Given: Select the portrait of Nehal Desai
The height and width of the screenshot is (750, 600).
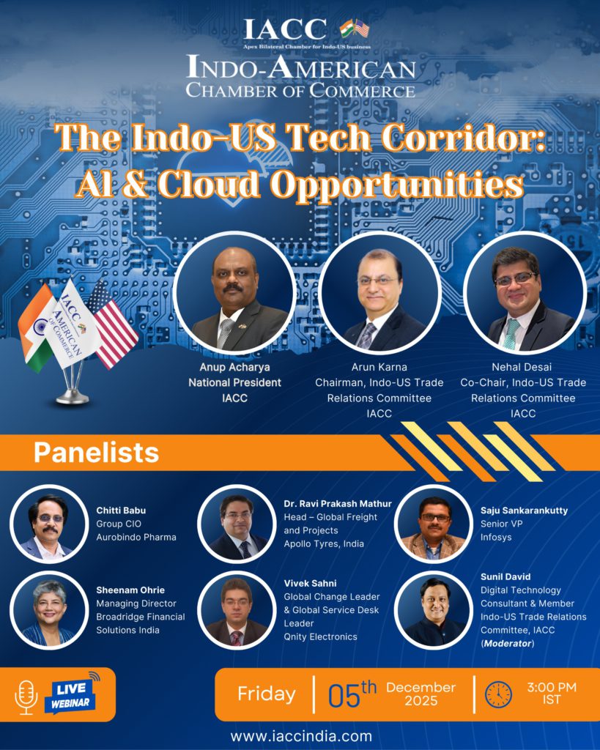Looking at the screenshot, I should (x=525, y=292).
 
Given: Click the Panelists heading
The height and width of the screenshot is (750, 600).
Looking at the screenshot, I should (x=96, y=453).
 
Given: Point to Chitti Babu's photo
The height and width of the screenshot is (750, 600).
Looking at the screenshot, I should (x=48, y=523).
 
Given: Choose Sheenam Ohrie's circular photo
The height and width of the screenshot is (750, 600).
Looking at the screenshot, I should (x=48, y=609).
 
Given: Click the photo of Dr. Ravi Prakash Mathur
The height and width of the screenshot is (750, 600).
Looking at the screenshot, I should (x=236, y=523).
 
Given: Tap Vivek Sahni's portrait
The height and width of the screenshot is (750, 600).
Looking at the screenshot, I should (x=236, y=609).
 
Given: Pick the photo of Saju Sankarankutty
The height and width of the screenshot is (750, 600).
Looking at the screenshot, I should (x=434, y=523).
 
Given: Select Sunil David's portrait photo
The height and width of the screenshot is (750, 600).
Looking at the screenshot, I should (x=433, y=609).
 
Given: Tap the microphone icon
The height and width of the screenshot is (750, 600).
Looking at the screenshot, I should (x=26, y=696).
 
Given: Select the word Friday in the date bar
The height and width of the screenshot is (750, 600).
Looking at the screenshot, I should (x=267, y=694).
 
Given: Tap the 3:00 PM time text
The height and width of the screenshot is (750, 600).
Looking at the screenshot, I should (x=552, y=687).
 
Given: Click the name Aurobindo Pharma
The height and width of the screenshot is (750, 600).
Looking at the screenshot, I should (x=136, y=537).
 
